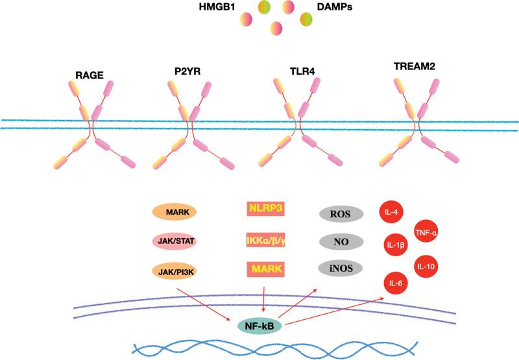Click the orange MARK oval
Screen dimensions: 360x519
point(174,212)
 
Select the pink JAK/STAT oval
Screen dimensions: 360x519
point(174,241)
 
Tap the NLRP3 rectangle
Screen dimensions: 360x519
point(267,209)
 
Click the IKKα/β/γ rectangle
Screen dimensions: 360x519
point(267,239)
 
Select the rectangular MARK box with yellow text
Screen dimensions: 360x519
point(267,269)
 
